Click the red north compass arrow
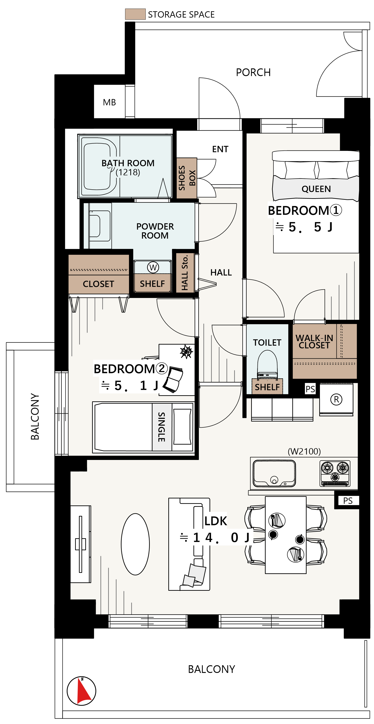[83, 691]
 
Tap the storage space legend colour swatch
[135, 14]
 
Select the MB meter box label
[109, 102]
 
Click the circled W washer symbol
[153, 267]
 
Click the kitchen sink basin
[274, 474]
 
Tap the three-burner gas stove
[335, 474]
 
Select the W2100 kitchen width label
[304, 451]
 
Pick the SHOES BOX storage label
[187, 178]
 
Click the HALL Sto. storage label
[185, 273]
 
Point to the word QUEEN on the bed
[316, 189]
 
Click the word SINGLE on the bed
[162, 427]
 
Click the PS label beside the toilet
[310, 389]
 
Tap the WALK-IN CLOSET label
[314, 341]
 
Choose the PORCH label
[253, 72]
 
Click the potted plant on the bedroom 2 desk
[186, 351]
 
